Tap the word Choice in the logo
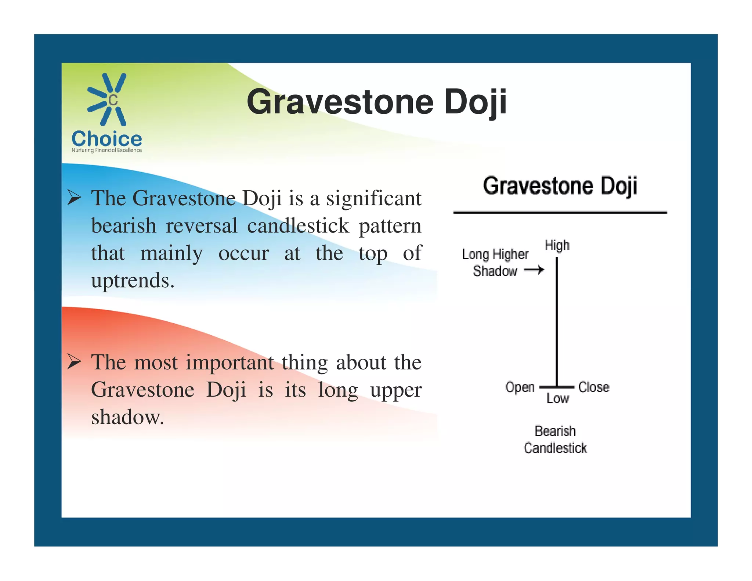(x=106, y=139)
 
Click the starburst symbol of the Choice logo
(x=107, y=100)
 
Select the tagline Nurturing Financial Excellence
(x=106, y=150)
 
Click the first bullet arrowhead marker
(x=74, y=198)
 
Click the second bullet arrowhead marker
(x=74, y=362)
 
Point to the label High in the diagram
(x=557, y=245)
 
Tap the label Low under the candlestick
(x=557, y=398)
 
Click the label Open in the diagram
(x=520, y=387)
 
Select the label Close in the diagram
(x=594, y=387)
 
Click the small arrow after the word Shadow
(x=534, y=271)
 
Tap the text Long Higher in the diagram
(x=495, y=254)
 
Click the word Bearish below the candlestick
(x=555, y=431)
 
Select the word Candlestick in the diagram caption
(x=555, y=448)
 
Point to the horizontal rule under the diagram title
(x=560, y=212)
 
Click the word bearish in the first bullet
(x=124, y=225)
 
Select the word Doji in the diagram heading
(x=618, y=186)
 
